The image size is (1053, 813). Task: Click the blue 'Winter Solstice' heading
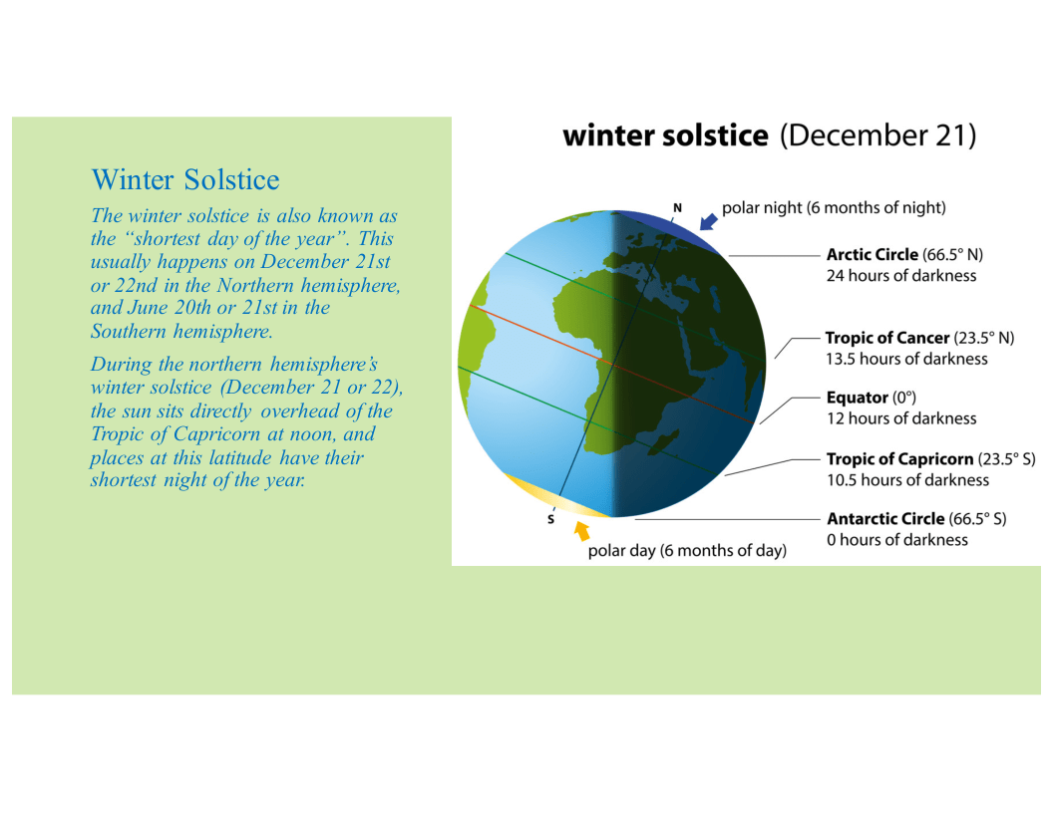click(185, 179)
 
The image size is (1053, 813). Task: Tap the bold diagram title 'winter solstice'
click(665, 135)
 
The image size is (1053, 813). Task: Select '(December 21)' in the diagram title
click(877, 135)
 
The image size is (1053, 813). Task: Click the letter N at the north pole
click(678, 208)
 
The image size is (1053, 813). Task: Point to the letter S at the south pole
click(550, 520)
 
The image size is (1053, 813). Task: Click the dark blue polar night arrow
click(708, 221)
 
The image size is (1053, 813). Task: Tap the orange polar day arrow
click(581, 531)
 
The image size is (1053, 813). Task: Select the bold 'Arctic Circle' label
click(873, 255)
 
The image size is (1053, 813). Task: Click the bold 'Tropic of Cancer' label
click(887, 338)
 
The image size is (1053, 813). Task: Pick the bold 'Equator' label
click(857, 398)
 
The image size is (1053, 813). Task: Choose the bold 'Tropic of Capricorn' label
click(899, 459)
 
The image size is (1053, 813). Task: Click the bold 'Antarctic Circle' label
click(885, 518)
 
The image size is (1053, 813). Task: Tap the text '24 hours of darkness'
click(901, 276)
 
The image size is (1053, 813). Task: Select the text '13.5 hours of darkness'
click(906, 359)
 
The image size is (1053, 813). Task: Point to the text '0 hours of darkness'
click(897, 540)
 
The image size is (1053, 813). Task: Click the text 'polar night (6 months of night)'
click(834, 208)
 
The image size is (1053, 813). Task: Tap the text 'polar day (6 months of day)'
click(687, 551)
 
